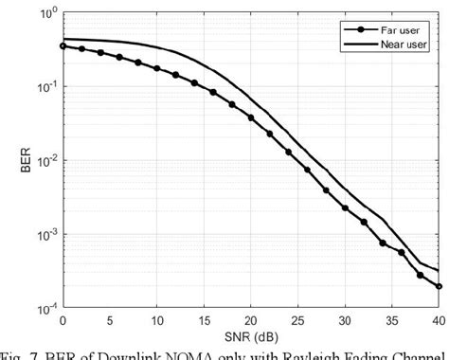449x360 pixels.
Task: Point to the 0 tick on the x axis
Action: (63, 322)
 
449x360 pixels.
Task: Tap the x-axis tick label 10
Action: (156, 322)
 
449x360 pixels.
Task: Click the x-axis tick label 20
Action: (250, 322)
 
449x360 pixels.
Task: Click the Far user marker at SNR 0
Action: (63, 45)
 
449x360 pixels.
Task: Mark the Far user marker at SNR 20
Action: (250, 117)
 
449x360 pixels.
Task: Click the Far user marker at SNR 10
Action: (156, 69)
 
